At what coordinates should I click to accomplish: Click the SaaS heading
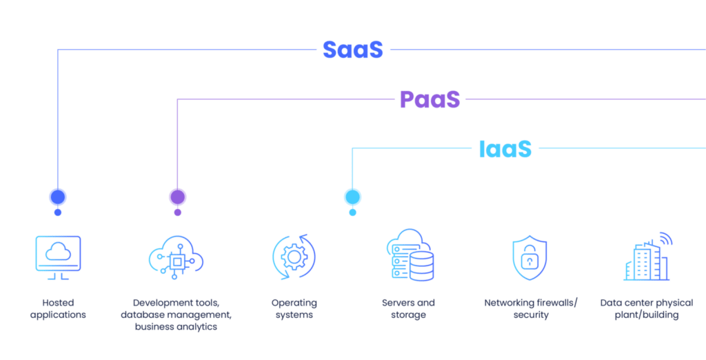click(352, 50)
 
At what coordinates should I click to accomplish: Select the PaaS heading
click(430, 99)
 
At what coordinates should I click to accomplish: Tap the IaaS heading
click(505, 148)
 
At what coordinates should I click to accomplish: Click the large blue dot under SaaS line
click(58, 197)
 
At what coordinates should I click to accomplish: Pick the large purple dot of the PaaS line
click(177, 197)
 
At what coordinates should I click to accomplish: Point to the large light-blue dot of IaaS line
click(352, 197)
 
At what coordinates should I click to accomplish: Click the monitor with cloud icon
click(58, 257)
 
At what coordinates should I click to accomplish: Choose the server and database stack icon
click(410, 256)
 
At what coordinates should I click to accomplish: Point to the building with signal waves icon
click(647, 257)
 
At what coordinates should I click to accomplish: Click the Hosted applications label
click(58, 309)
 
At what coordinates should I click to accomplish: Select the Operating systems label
click(294, 309)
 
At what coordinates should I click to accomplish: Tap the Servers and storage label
click(408, 309)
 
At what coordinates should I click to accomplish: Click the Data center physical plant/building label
click(647, 309)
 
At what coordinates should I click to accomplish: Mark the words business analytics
click(176, 327)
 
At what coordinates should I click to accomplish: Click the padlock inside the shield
click(529, 261)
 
